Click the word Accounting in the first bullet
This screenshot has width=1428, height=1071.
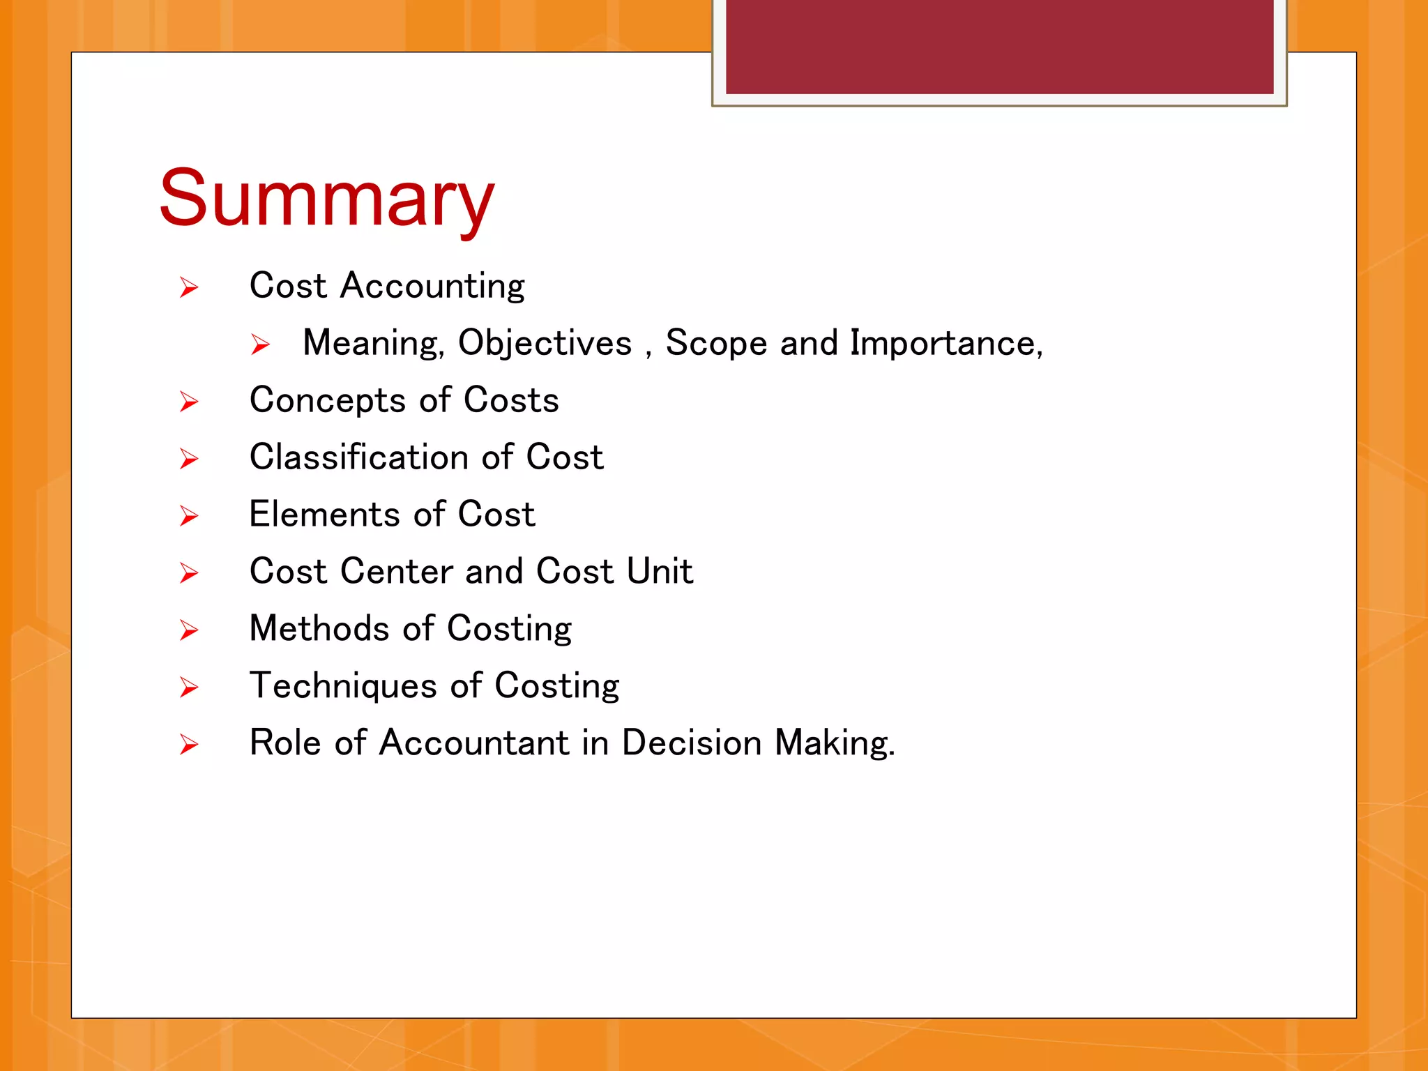(x=432, y=287)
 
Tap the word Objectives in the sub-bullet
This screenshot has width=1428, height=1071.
(x=545, y=344)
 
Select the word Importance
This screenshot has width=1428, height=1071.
(x=945, y=344)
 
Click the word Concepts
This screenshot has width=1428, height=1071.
(x=328, y=401)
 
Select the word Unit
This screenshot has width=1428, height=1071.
(x=659, y=572)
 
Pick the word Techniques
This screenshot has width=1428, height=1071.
(x=343, y=686)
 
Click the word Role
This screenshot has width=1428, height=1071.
(x=284, y=743)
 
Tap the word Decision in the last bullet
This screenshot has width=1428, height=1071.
(x=691, y=743)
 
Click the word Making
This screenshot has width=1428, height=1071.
(x=834, y=743)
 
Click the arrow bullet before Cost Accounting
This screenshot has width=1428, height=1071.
(x=189, y=287)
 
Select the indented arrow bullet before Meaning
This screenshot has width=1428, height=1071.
(x=260, y=344)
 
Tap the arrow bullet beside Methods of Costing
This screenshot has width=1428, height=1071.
(x=189, y=630)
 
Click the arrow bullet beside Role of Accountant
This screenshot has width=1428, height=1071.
(x=189, y=745)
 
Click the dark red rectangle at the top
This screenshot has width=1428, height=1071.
(x=999, y=46)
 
